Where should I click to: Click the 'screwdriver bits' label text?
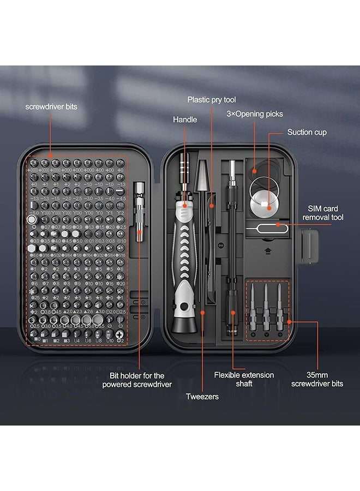(x=51, y=107)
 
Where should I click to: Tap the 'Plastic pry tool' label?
(x=211, y=99)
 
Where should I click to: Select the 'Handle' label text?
(x=185, y=119)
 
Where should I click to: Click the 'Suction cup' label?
(x=307, y=132)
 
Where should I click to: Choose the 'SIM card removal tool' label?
(x=322, y=213)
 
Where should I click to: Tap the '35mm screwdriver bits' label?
(x=325, y=379)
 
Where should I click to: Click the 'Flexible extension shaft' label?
(x=244, y=379)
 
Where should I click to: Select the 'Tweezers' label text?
(x=202, y=397)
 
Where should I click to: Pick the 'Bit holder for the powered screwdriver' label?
(x=137, y=380)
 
